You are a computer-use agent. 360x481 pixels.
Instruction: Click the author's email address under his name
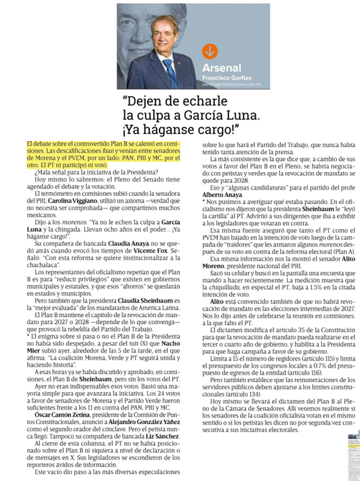pos(230,85)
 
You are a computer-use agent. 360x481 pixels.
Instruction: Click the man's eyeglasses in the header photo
pos(163,31)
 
